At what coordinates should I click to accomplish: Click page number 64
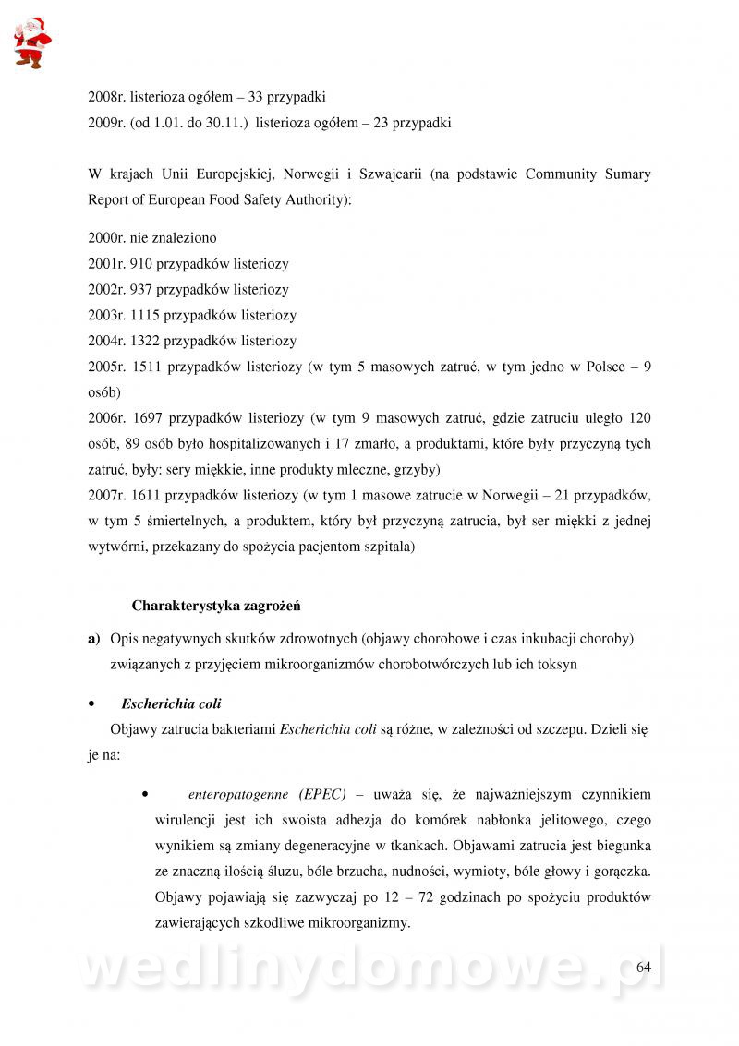click(644, 967)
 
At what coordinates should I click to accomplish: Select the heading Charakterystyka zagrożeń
click(216, 607)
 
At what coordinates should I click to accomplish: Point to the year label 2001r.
click(106, 263)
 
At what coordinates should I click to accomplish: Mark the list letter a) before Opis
click(93, 639)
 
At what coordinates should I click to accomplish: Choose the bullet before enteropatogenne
click(146, 794)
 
